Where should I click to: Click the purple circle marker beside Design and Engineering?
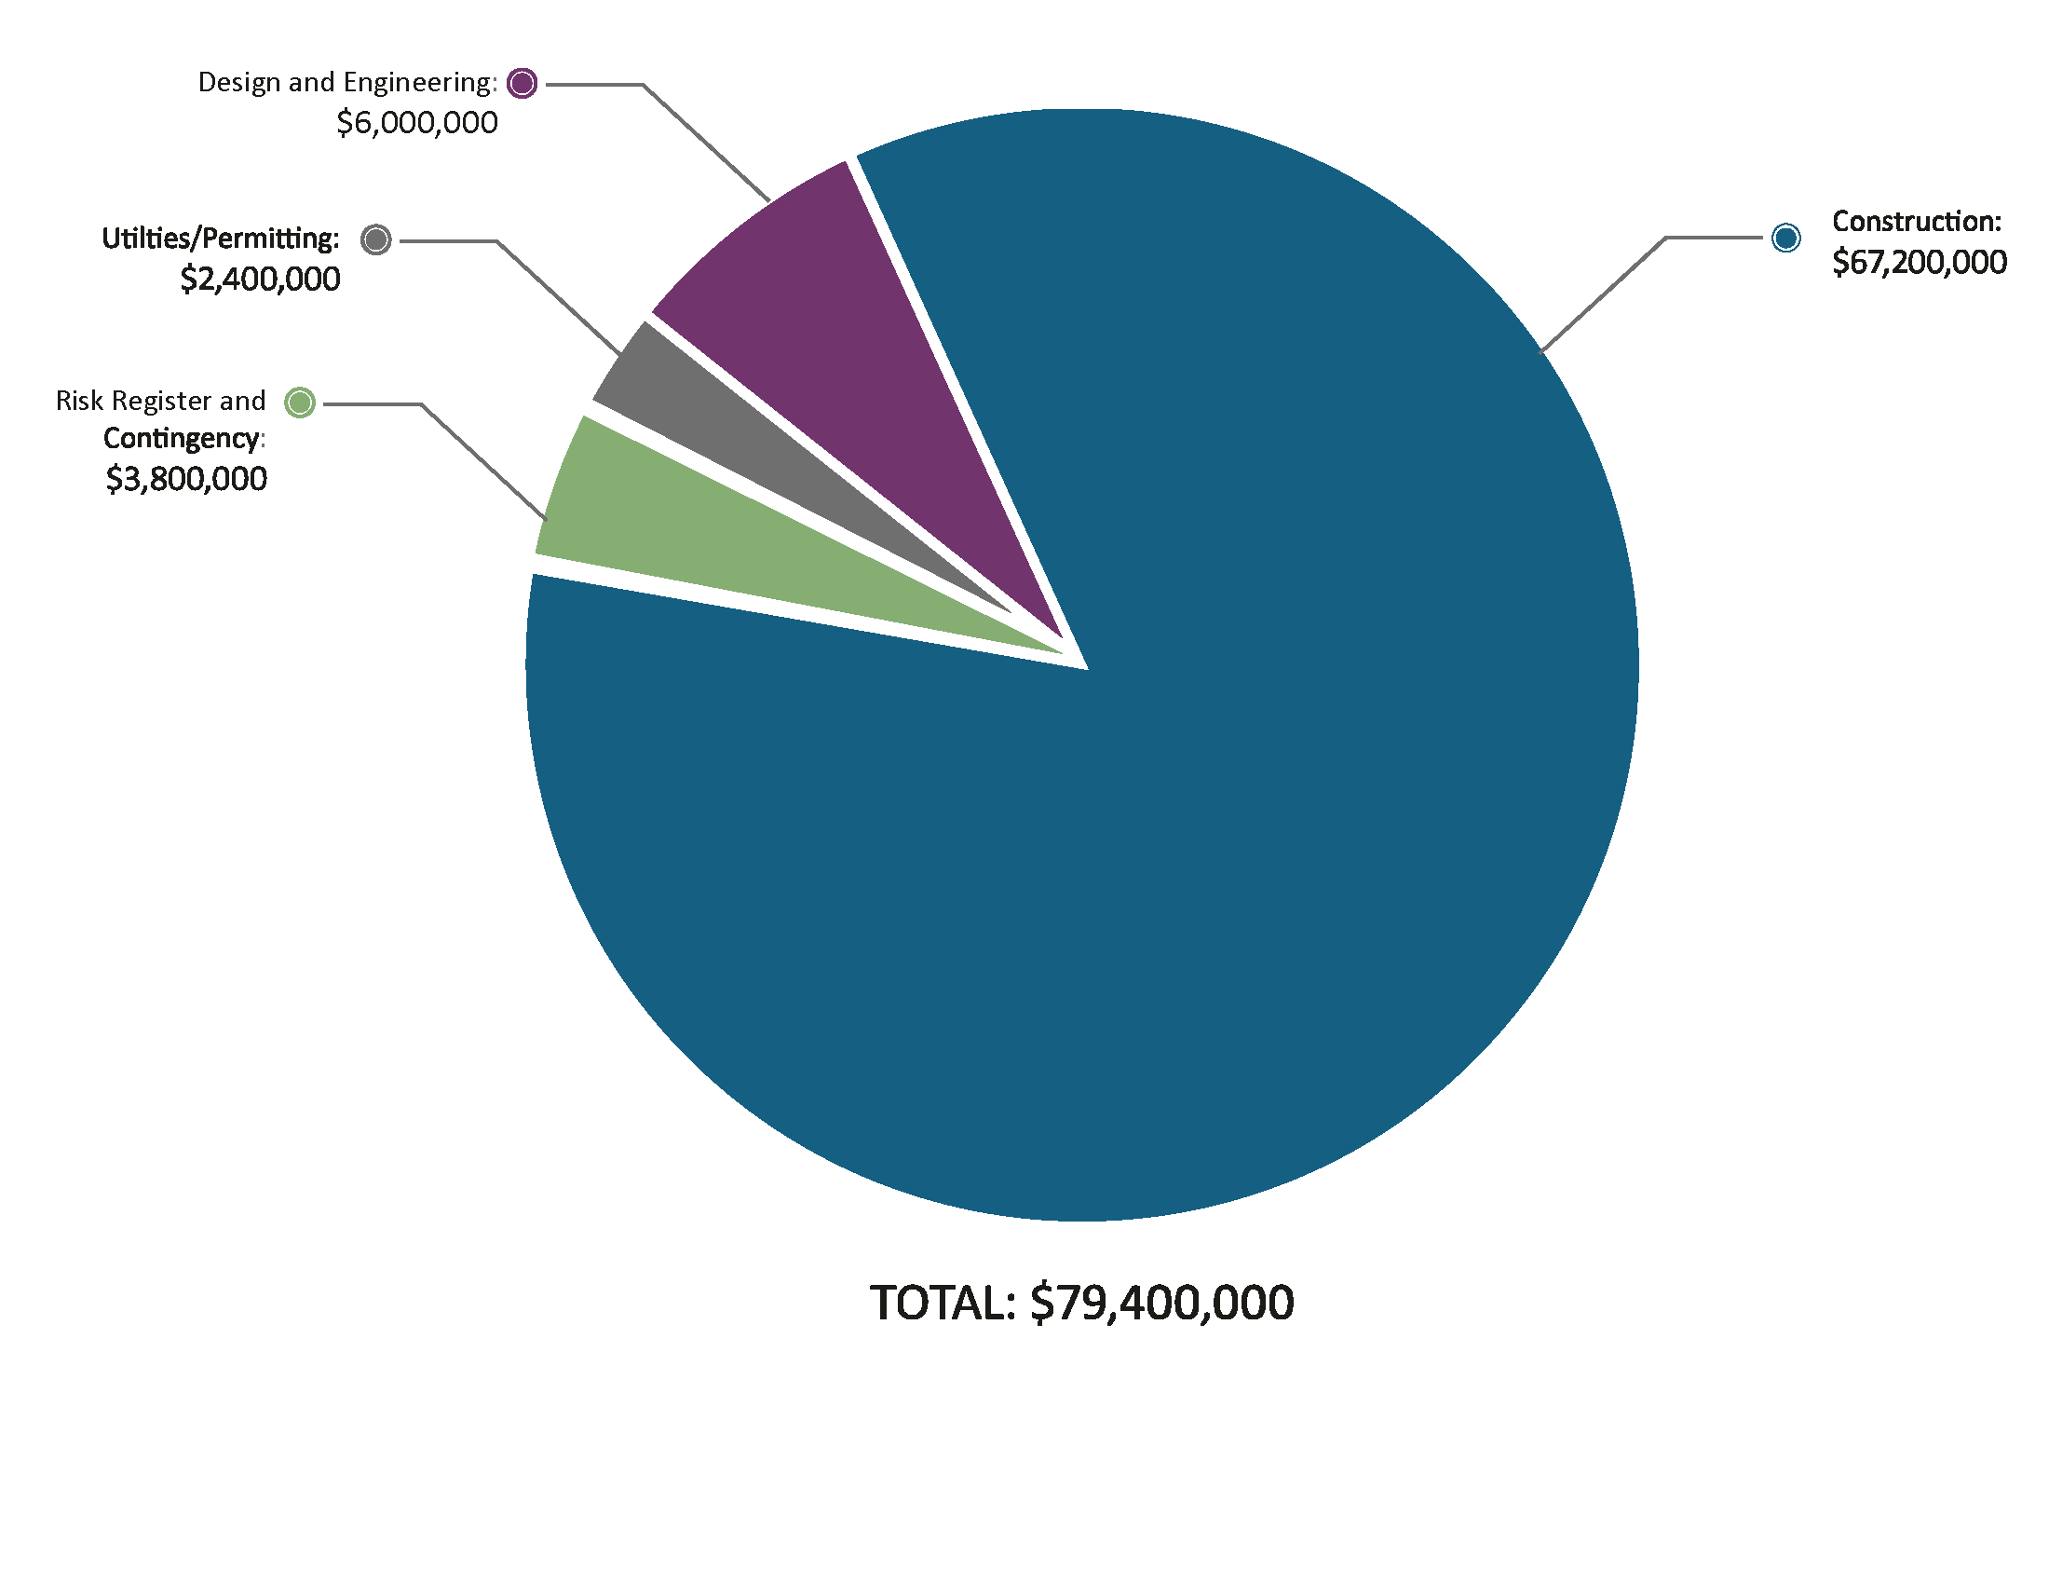click(522, 84)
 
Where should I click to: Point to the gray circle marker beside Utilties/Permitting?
click(376, 240)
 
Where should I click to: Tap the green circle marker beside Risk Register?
click(300, 403)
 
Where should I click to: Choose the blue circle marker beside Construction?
click(1785, 238)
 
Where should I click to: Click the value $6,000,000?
click(416, 123)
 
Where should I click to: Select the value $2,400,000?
click(260, 280)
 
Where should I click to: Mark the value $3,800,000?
click(185, 480)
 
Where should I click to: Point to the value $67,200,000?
click(1919, 263)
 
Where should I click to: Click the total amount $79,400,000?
click(1161, 1303)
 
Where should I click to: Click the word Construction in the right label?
click(1915, 222)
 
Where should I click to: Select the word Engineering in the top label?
click(419, 83)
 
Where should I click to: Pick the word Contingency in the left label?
click(181, 438)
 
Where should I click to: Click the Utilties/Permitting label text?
click(220, 239)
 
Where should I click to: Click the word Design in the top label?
click(238, 83)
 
